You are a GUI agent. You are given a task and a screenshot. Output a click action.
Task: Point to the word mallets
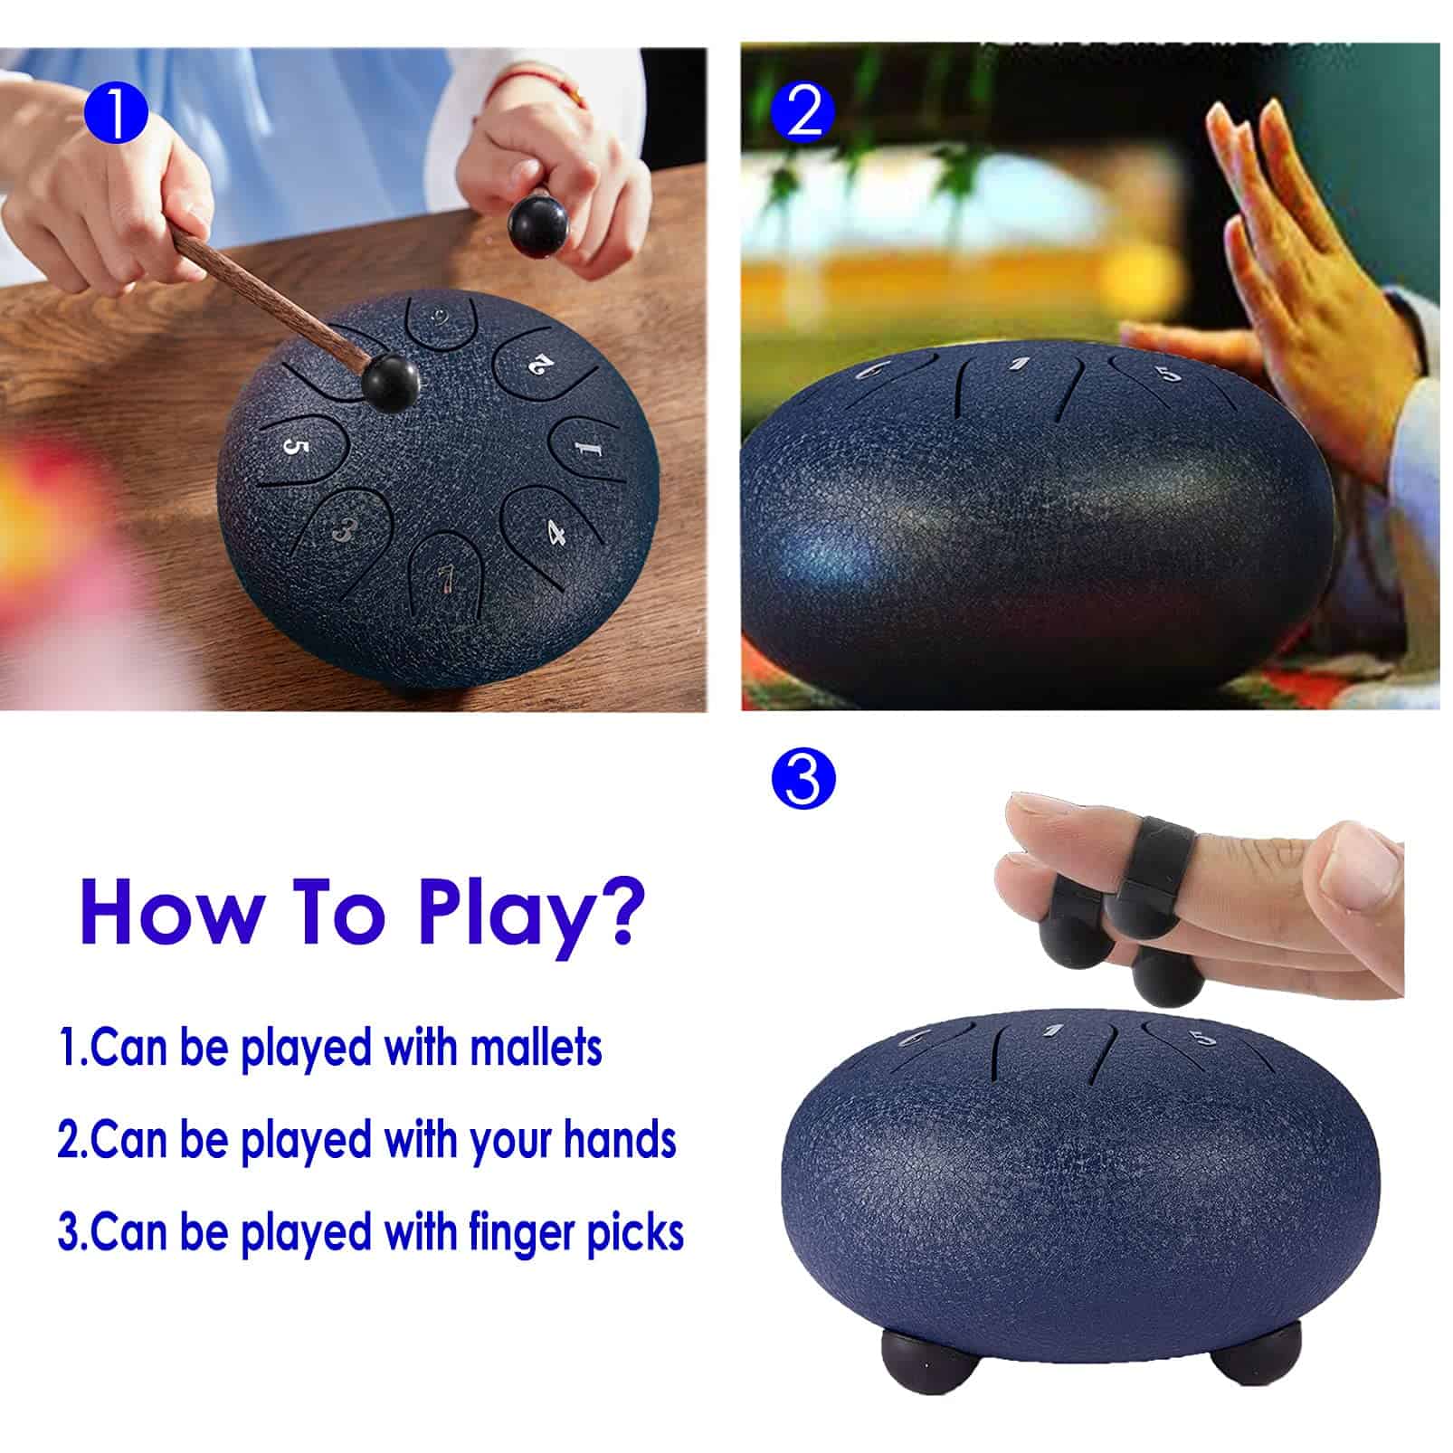(537, 1047)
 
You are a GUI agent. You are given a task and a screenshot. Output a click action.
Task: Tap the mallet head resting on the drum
(390, 383)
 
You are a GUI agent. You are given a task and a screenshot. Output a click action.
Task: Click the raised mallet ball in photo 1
(537, 227)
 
